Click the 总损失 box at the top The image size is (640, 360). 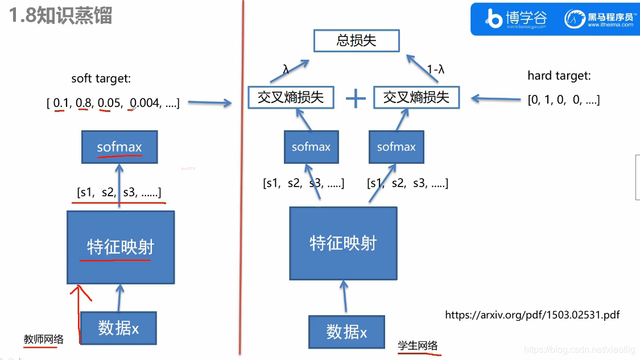click(357, 41)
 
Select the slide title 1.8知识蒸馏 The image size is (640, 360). click(60, 15)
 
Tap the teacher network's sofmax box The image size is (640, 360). click(119, 147)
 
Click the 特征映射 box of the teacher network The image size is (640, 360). click(120, 247)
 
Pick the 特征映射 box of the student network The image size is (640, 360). click(343, 243)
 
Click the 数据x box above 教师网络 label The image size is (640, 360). click(118, 328)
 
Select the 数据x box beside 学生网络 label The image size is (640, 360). click(346, 332)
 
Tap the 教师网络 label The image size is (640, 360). click(43, 340)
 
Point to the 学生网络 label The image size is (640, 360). click(418, 345)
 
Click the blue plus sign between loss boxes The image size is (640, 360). click(356, 98)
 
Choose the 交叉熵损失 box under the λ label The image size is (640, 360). click(291, 97)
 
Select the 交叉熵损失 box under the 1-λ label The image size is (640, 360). click(416, 97)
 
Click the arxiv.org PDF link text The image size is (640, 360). click(532, 315)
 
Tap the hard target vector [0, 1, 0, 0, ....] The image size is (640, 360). click(563, 100)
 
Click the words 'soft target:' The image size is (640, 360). click(101, 79)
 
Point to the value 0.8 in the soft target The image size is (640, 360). click(84, 103)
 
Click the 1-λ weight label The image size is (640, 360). click(435, 70)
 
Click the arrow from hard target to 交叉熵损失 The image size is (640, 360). click(496, 100)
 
